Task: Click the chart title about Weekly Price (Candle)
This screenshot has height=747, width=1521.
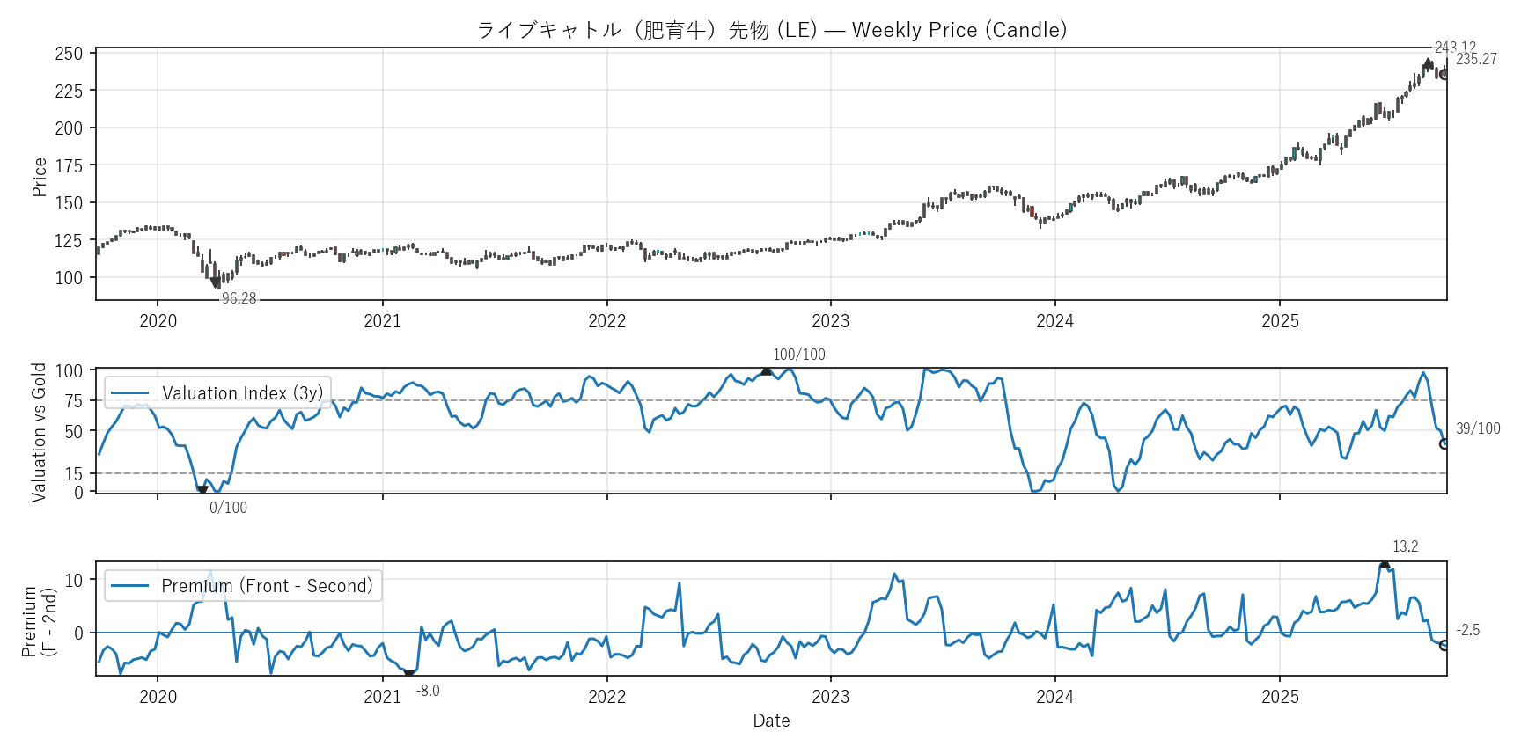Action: click(x=771, y=30)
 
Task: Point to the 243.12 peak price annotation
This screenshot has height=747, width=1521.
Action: click(x=1455, y=47)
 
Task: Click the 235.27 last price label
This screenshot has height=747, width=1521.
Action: click(x=1476, y=59)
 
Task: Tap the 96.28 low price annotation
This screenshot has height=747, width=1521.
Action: click(x=239, y=298)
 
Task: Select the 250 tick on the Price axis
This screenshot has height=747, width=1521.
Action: click(x=69, y=54)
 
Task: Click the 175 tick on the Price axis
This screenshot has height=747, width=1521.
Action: click(x=69, y=165)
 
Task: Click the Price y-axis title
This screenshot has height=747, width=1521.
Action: click(x=40, y=177)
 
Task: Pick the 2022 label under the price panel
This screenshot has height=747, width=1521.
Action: click(x=606, y=321)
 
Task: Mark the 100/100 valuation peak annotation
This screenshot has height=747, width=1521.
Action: click(x=798, y=355)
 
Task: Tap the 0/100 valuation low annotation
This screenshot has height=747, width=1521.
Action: click(x=228, y=508)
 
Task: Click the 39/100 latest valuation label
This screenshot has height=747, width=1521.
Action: click(x=1478, y=428)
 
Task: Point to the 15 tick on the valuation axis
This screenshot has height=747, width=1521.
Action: click(x=74, y=474)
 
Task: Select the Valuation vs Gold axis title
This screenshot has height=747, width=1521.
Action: click(x=39, y=432)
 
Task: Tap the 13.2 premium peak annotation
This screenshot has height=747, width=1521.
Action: click(x=1405, y=546)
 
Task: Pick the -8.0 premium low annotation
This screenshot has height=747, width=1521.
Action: click(x=428, y=691)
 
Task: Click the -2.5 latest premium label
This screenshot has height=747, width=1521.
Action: click(x=1467, y=630)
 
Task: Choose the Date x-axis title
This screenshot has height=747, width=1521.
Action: click(x=771, y=721)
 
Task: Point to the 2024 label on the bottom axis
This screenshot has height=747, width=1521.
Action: click(x=1054, y=697)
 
